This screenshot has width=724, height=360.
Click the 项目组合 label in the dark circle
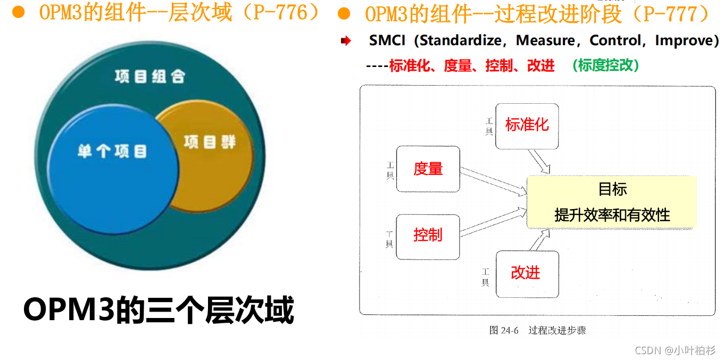point(149,76)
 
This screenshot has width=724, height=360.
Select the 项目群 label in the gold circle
point(210,142)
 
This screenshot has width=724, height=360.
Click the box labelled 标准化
point(527,125)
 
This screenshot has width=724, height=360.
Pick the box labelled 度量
point(428,169)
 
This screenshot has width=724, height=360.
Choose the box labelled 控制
point(428,235)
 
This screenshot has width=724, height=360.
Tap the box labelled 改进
point(527,273)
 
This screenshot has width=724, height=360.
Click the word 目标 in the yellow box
point(612,189)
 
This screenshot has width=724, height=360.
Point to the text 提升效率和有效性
point(612,215)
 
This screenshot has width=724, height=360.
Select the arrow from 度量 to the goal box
point(492,181)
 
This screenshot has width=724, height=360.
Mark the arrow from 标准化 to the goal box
point(538,161)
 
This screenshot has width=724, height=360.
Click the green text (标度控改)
point(606,65)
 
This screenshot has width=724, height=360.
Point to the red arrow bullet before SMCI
point(346,41)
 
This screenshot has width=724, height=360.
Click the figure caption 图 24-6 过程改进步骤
point(537,330)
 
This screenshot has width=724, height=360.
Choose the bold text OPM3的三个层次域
point(159,310)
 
